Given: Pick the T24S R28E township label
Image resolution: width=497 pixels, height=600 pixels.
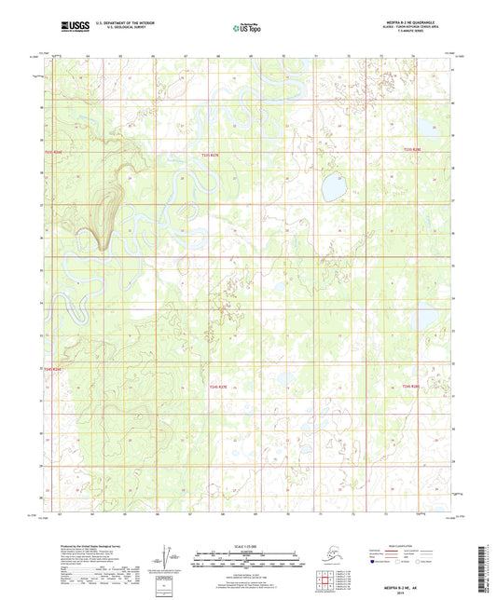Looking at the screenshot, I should pyautogui.click(x=411, y=386).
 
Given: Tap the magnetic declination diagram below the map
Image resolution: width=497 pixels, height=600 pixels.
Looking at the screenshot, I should pyautogui.click(x=169, y=556).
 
